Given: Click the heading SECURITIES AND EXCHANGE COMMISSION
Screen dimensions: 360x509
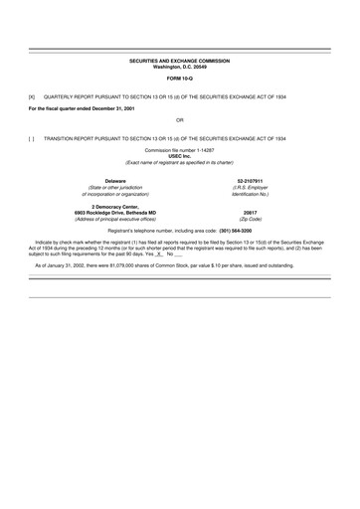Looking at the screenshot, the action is click(180, 61).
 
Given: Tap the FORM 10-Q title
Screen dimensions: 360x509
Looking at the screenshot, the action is click(180, 78).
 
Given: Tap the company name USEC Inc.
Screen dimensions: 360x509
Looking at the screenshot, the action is click(180, 156).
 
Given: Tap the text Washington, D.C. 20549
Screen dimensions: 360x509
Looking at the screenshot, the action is click(180, 67).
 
